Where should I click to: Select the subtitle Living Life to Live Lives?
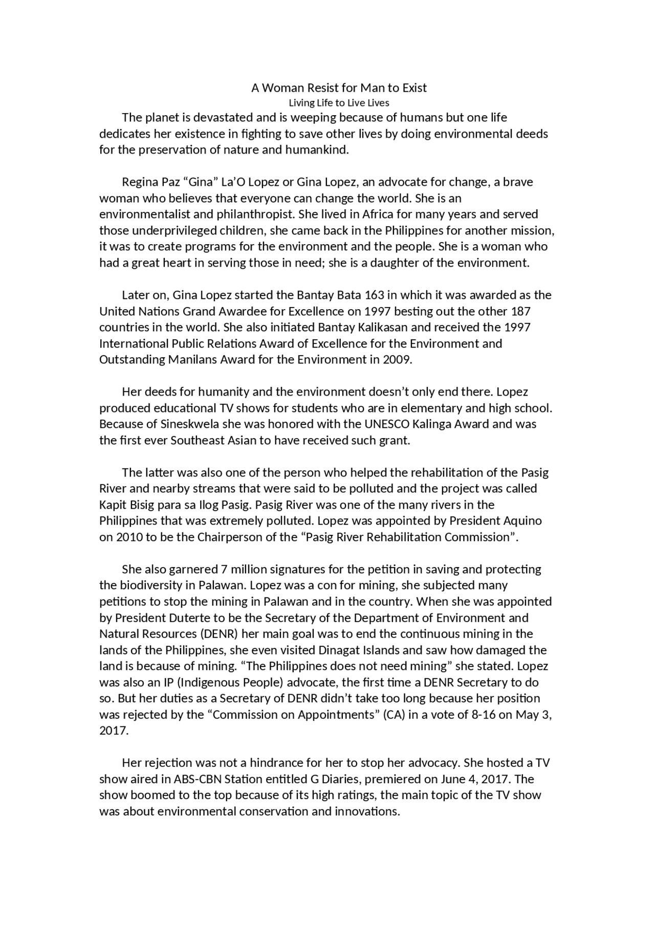(x=339, y=103)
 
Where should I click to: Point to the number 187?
(x=519, y=311)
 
